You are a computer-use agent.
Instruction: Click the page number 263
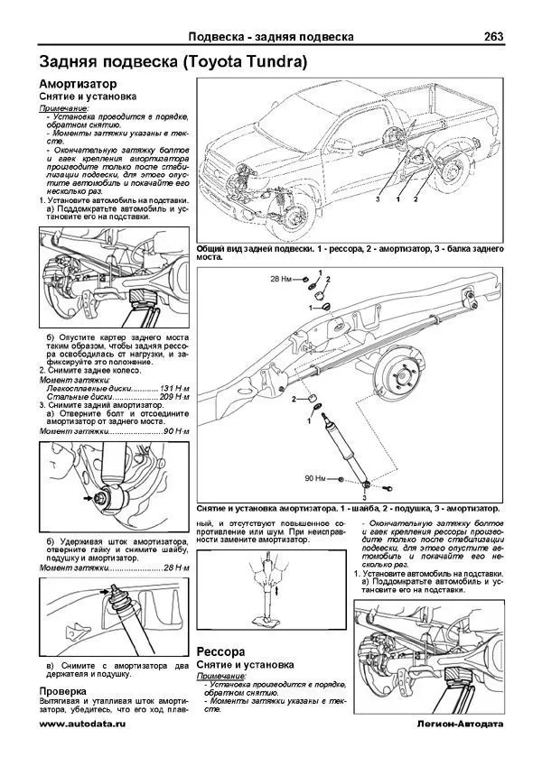[493, 37]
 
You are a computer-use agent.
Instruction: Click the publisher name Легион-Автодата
[457, 724]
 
